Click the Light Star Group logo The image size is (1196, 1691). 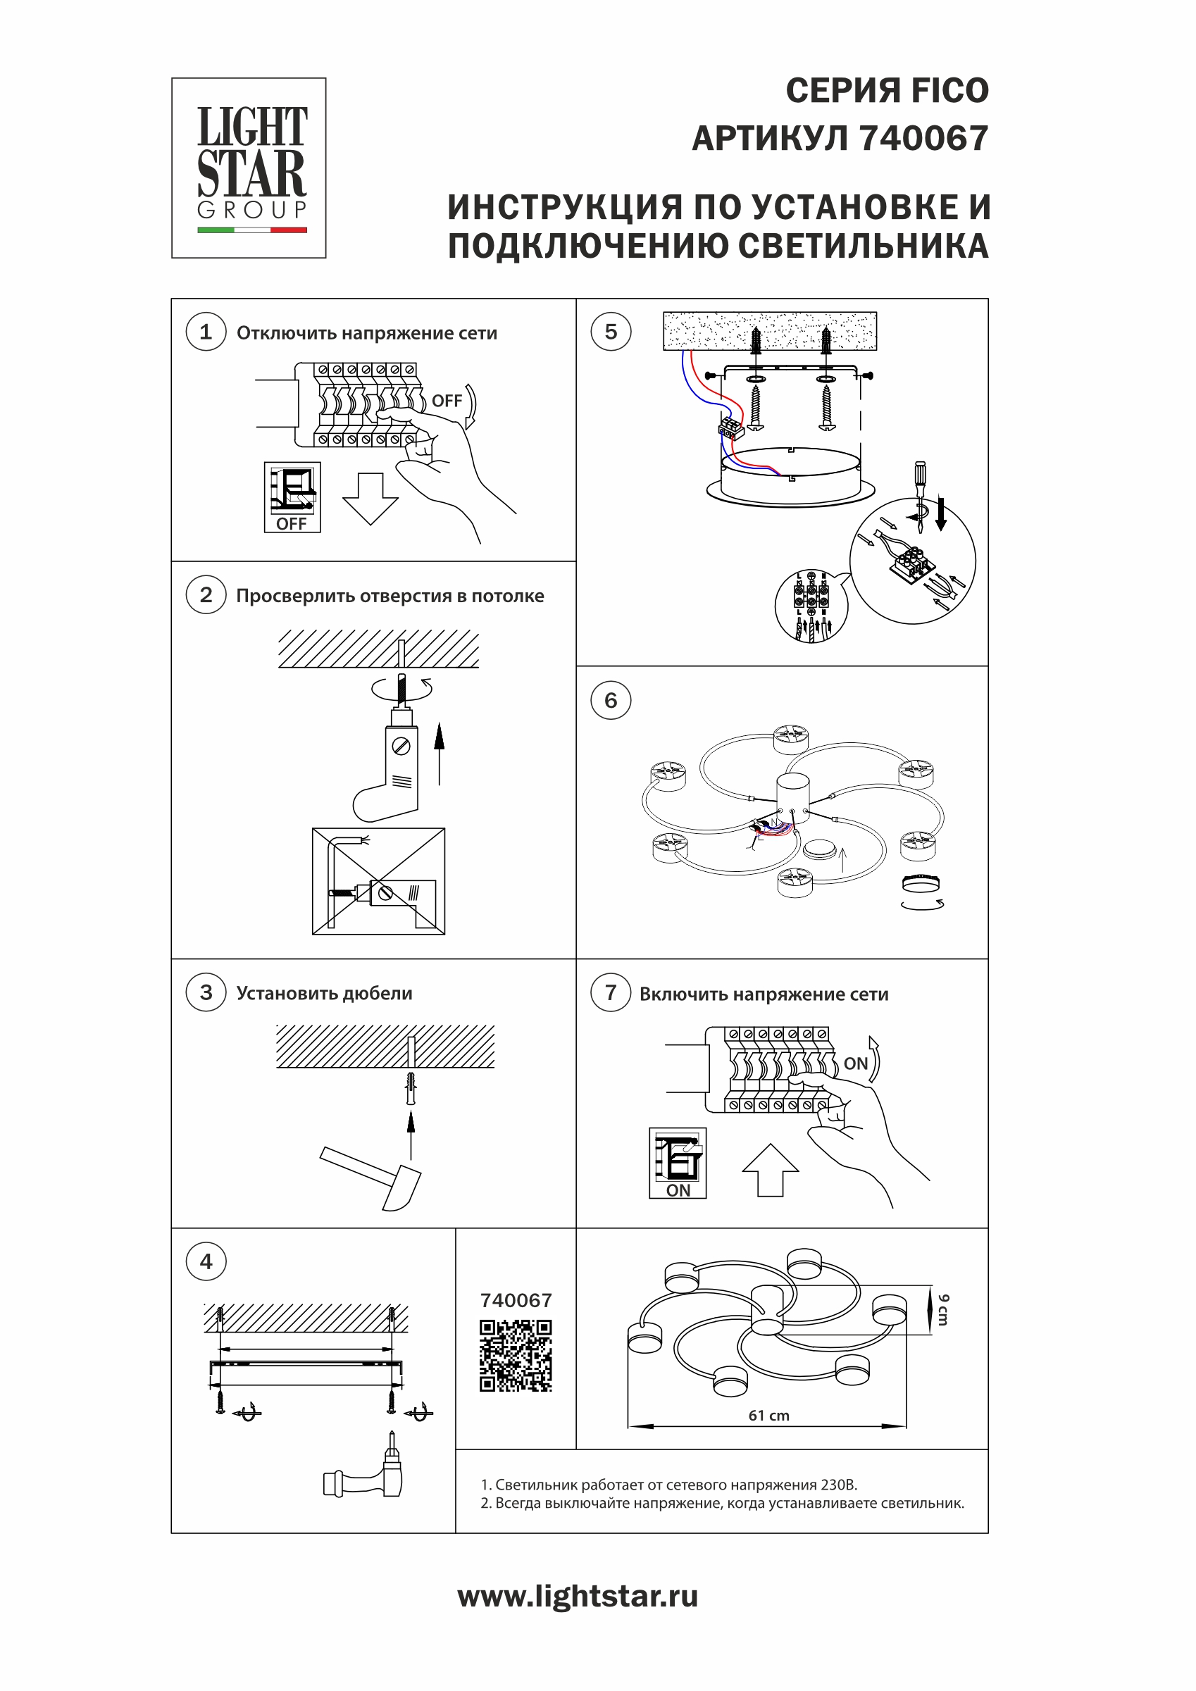pos(249,168)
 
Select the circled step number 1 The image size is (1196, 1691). pos(206,332)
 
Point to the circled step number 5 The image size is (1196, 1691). pos(611,332)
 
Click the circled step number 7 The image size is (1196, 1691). pos(611,993)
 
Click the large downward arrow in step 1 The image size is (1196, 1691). pos(370,499)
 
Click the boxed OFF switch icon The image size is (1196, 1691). pos(292,497)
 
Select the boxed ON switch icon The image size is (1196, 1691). pos(678,1163)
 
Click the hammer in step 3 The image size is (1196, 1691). pos(373,1176)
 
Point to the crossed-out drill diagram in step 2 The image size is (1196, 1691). pos(378,882)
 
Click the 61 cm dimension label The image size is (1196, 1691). pos(769,1416)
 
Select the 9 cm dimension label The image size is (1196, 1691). pos(943,1310)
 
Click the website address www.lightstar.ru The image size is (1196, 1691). pos(578,1597)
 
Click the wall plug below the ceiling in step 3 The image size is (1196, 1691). pos(411,1088)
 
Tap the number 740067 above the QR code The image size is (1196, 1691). pos(516,1301)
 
